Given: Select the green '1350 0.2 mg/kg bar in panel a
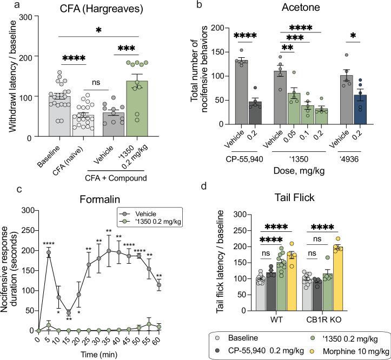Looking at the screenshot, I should tap(138, 109).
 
